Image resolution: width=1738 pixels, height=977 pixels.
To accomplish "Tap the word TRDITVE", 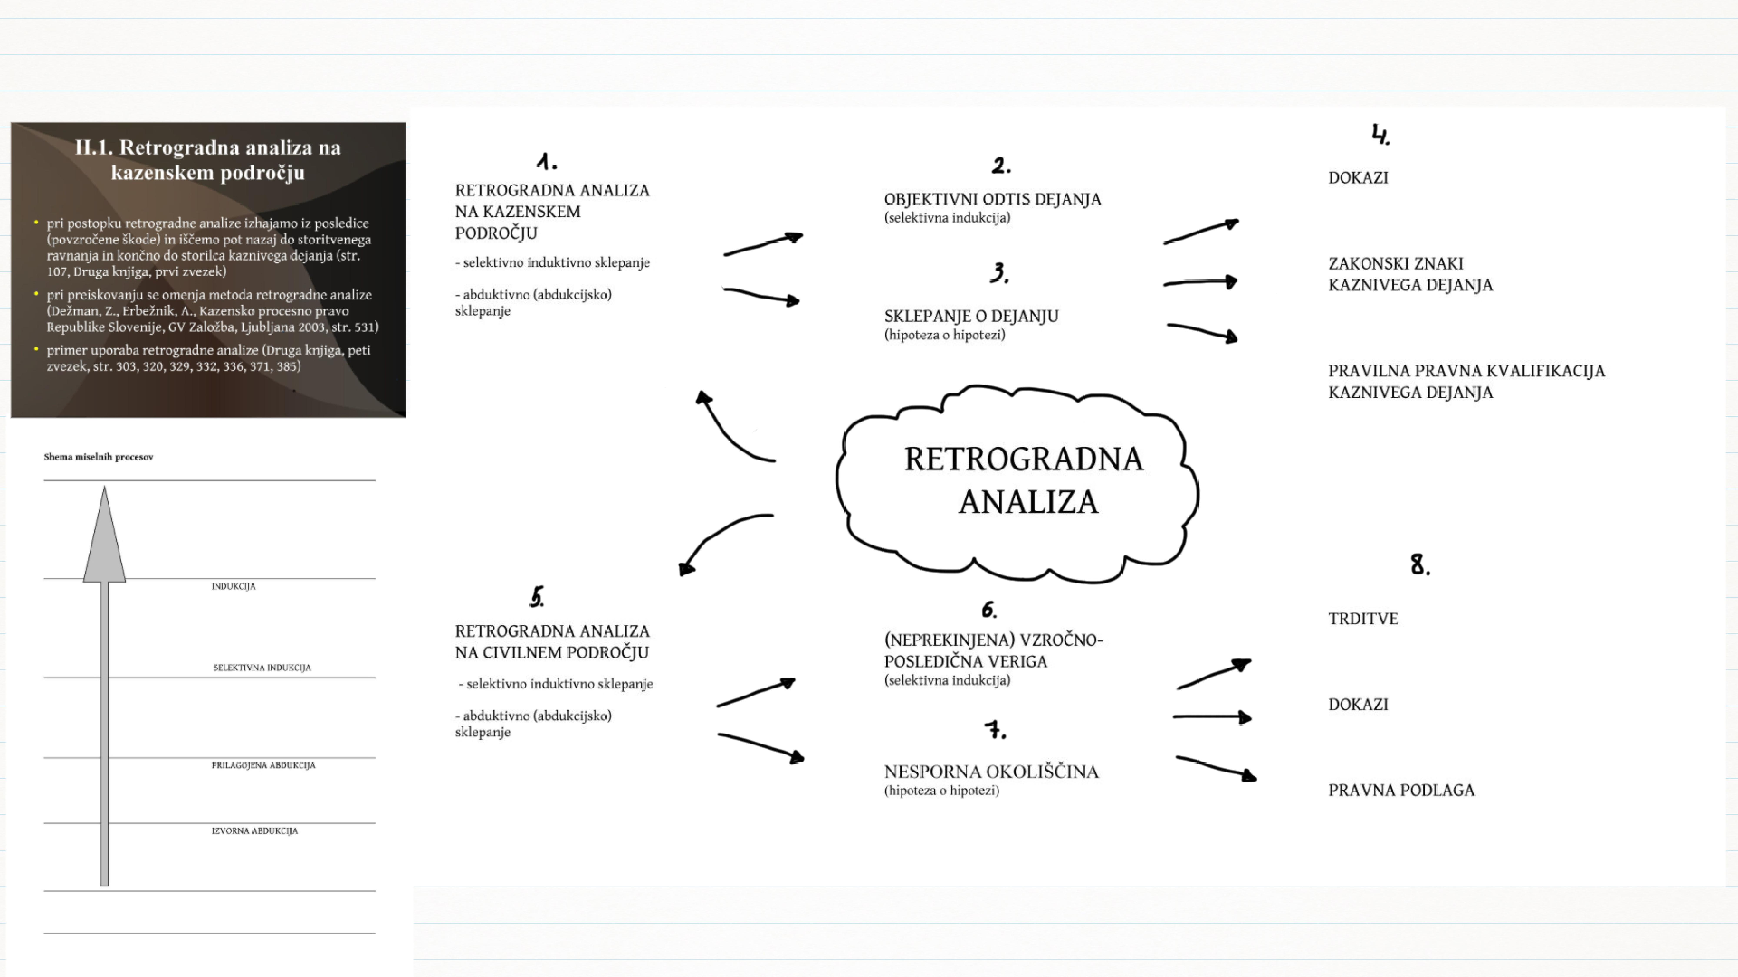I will tap(1363, 619).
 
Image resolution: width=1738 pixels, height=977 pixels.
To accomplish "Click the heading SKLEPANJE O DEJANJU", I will tap(971, 316).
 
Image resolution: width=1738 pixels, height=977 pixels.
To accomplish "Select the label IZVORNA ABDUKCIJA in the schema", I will tap(254, 831).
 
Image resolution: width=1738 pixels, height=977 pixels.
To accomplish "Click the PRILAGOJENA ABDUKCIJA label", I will tap(263, 765).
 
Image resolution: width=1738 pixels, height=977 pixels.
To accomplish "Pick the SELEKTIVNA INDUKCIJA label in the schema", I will tap(262, 668).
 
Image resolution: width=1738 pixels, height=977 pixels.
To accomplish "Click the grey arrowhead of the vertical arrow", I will tap(104, 539).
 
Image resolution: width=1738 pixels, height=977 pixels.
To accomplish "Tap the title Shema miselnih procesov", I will tap(98, 457).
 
